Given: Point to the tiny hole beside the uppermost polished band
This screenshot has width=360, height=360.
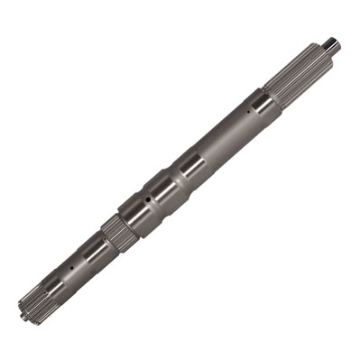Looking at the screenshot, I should (x=249, y=112).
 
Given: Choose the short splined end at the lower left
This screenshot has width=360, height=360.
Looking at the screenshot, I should (x=34, y=301).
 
